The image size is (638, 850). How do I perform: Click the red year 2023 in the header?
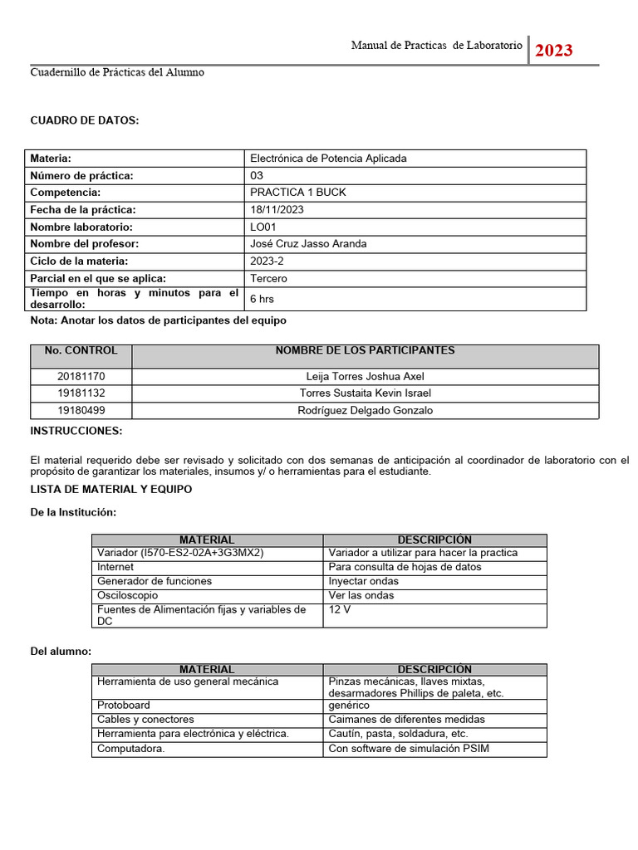click(x=553, y=51)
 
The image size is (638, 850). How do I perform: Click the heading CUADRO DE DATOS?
click(x=85, y=121)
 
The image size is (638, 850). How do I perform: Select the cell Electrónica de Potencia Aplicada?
click(x=328, y=159)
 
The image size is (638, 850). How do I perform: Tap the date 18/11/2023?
click(x=277, y=210)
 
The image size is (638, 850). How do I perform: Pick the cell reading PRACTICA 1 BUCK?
click(x=298, y=193)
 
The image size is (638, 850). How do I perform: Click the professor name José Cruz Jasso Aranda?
click(x=308, y=244)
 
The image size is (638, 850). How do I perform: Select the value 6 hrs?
click(x=262, y=299)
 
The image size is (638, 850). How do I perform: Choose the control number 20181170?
click(x=81, y=377)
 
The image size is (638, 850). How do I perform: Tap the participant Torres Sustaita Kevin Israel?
click(x=365, y=393)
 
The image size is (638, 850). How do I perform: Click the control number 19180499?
click(x=81, y=411)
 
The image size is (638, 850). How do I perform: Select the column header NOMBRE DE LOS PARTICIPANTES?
click(x=365, y=351)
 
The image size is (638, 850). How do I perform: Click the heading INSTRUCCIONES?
click(x=76, y=431)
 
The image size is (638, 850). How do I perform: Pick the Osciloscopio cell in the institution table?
click(x=127, y=596)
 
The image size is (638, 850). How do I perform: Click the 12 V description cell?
click(x=340, y=610)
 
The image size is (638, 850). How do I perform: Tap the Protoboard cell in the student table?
click(x=124, y=706)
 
